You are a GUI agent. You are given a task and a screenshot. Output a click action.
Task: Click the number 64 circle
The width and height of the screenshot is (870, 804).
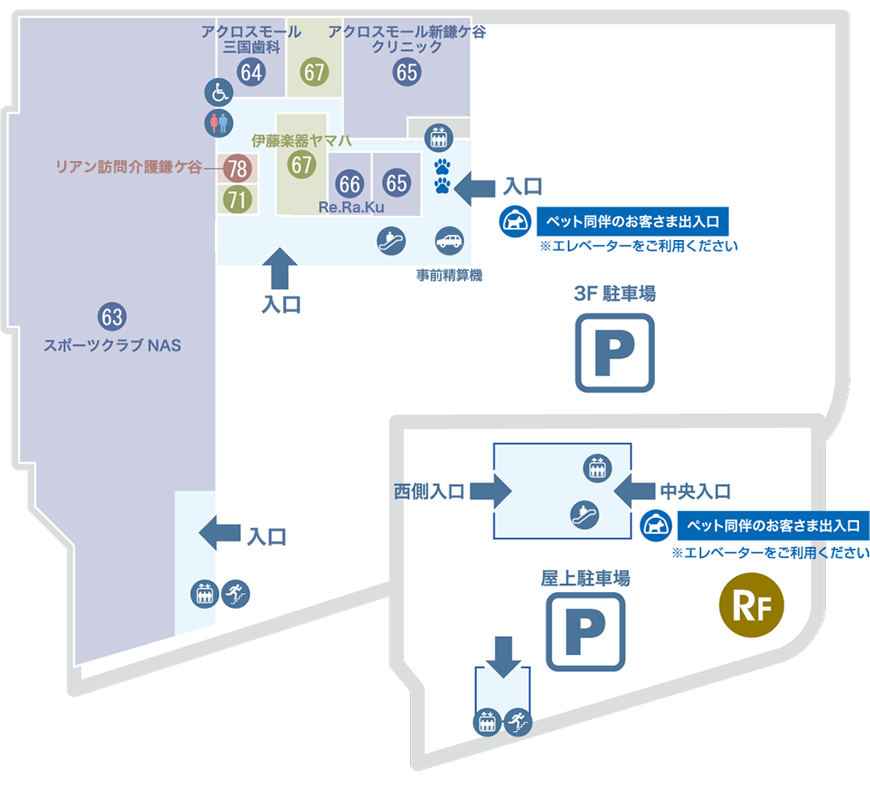(251, 72)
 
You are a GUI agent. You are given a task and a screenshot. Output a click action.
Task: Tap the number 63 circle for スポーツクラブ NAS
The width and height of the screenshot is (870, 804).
(112, 316)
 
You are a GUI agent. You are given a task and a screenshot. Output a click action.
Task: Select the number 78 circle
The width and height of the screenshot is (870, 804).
(236, 168)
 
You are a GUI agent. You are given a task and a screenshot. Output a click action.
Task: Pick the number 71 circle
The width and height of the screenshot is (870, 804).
(236, 200)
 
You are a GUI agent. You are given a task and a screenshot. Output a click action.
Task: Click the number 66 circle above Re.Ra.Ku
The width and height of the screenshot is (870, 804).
(349, 183)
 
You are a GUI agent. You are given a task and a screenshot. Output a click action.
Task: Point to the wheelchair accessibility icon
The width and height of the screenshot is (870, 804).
(217, 92)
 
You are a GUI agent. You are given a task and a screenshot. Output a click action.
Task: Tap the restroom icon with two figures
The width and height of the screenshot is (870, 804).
(217, 123)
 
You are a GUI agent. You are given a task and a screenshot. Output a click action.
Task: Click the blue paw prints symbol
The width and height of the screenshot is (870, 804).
(442, 175)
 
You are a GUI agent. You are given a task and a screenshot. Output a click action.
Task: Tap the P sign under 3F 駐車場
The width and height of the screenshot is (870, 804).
(614, 352)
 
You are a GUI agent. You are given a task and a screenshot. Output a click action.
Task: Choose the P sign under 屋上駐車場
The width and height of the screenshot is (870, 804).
(586, 631)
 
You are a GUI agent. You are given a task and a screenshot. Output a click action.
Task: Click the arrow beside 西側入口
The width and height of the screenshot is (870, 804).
(492, 491)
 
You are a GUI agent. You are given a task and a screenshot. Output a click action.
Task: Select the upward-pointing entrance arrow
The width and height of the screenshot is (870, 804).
(282, 268)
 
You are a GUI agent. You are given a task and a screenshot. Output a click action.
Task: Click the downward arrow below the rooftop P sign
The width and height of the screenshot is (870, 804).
(504, 656)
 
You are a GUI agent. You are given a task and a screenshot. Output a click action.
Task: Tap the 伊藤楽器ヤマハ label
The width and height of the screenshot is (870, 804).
(302, 141)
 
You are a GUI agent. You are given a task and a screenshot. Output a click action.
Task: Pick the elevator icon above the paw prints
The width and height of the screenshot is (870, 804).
(440, 135)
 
